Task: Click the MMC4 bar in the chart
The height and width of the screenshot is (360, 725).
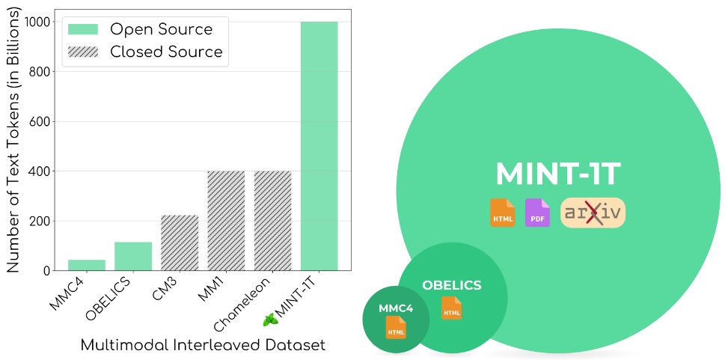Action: [87, 265]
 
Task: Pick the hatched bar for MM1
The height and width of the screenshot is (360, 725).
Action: [226, 221]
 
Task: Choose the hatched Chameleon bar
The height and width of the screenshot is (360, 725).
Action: [272, 221]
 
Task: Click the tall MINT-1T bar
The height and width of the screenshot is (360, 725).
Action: [319, 146]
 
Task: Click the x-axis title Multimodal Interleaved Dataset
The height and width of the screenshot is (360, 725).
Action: [202, 345]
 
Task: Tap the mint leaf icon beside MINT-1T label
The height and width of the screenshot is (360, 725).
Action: [270, 320]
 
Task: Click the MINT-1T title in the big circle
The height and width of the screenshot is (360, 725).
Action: [557, 174]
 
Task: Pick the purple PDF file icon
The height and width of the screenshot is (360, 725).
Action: [537, 213]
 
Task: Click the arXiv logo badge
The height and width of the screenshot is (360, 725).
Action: [593, 213]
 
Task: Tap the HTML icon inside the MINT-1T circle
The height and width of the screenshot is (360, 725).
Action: [502, 213]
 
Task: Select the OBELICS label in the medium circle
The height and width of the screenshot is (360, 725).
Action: [451, 285]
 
